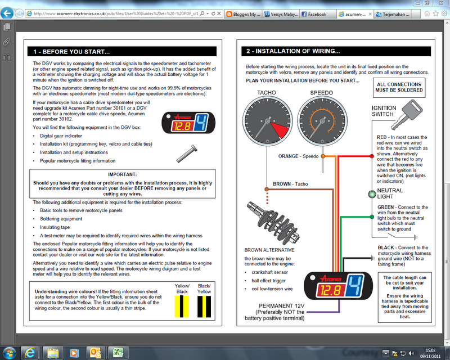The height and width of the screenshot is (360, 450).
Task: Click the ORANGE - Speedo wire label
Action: (x=298, y=156)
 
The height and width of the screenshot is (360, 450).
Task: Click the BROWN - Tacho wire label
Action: (x=290, y=183)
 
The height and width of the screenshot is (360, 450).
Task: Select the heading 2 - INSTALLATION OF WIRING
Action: (x=292, y=51)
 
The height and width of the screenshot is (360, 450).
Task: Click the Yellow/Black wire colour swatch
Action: (x=182, y=306)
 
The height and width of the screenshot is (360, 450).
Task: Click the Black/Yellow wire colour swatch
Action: (x=204, y=306)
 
